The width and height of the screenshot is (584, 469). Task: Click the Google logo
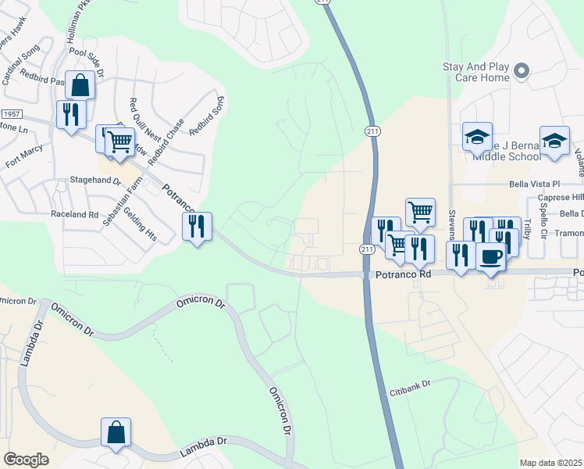tap(26, 460)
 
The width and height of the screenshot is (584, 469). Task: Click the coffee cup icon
tap(490, 256)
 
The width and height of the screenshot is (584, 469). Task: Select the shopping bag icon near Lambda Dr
tap(116, 431)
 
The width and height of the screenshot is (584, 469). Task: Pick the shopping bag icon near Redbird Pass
tap(80, 84)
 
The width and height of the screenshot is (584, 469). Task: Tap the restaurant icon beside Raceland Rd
tap(197, 227)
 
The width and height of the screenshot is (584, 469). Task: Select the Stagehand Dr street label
tap(94, 180)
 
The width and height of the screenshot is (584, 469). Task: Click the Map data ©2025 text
tap(550, 463)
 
